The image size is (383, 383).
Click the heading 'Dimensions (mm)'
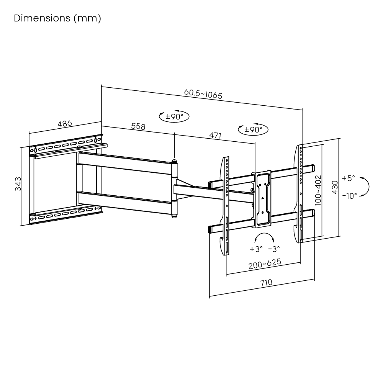tap(57, 18)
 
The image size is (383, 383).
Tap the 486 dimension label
tap(65, 124)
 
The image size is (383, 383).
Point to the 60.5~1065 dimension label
tap(203, 94)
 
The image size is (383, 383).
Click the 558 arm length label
tap(138, 126)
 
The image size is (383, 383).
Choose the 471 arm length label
tap(216, 135)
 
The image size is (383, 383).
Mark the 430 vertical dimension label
tap(334, 187)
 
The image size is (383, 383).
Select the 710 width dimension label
tap(266, 283)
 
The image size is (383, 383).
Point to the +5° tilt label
tap(349, 178)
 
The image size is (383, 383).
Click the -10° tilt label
tap(349, 195)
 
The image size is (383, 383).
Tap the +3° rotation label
tap(256, 249)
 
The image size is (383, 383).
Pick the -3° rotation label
tap(274, 249)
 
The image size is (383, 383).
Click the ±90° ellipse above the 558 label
tap(175, 116)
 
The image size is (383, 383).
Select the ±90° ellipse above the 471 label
tap(253, 129)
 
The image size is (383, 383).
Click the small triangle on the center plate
tap(263, 198)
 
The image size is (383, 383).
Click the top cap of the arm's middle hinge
tap(175, 162)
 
